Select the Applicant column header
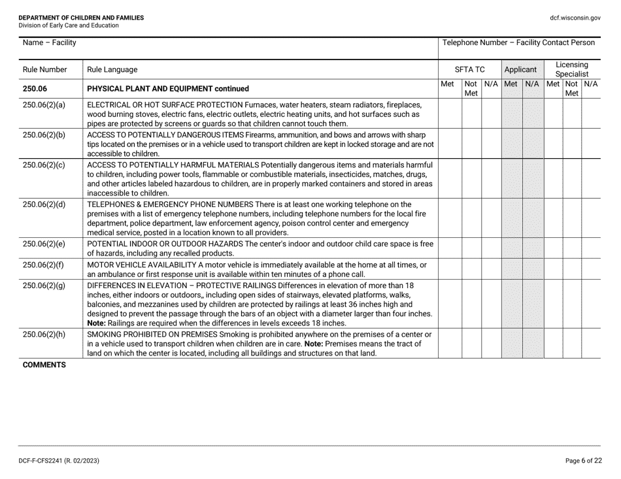pyautogui.click(x=521, y=69)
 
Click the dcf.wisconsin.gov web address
pyautogui.click(x=575, y=18)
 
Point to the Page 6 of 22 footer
pyautogui.click(x=584, y=460)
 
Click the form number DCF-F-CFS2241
pyautogui.click(x=52, y=460)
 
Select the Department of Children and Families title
pyautogui.click(x=82, y=18)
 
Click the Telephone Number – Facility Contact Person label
pyautogui.click(x=518, y=43)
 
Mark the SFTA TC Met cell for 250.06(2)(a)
pyautogui.click(x=450, y=113)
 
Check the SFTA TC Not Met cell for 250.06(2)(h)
pyautogui.click(x=471, y=343)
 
